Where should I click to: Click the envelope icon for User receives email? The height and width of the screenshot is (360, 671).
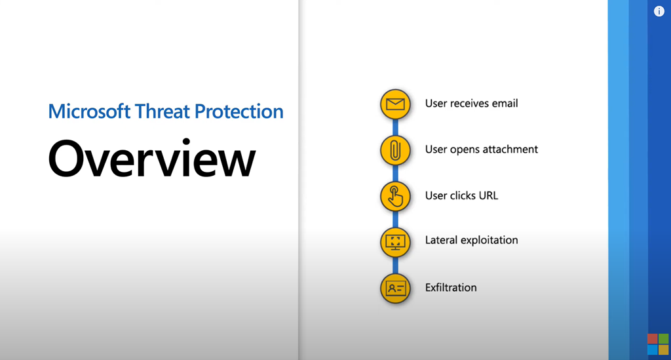pyautogui.click(x=395, y=104)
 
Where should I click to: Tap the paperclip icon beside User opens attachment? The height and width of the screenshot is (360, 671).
pyautogui.click(x=395, y=150)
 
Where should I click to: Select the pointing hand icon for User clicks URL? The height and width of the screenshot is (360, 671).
pyautogui.click(x=395, y=197)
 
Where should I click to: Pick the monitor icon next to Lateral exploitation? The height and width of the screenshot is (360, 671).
pyautogui.click(x=395, y=242)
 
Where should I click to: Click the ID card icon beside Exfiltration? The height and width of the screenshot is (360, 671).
pyautogui.click(x=395, y=289)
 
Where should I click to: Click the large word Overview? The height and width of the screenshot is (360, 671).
pyautogui.click(x=152, y=158)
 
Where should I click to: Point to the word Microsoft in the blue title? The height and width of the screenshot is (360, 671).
pyautogui.click(x=89, y=111)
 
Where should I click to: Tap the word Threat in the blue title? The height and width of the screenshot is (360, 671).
pyautogui.click(x=163, y=111)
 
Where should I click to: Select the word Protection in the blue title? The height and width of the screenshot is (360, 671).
pyautogui.click(x=239, y=111)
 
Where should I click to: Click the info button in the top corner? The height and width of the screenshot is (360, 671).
pyautogui.click(x=659, y=12)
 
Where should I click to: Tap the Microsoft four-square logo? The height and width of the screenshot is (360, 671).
pyautogui.click(x=658, y=344)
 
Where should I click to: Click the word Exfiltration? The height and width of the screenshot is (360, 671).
pyautogui.click(x=451, y=287)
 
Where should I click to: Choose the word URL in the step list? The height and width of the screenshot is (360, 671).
pyautogui.click(x=489, y=195)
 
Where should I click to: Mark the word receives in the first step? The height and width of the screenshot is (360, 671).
pyautogui.click(x=470, y=104)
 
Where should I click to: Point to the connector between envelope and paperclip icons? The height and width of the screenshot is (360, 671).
pyautogui.click(x=395, y=127)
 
